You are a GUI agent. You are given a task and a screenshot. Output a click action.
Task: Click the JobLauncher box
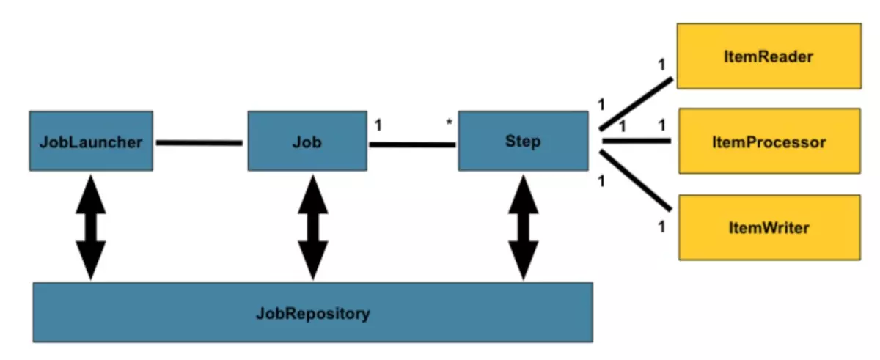[x=91, y=142]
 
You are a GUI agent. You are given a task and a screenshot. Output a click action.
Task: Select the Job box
[x=307, y=142]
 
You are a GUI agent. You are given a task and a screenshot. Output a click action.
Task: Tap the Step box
[x=523, y=141]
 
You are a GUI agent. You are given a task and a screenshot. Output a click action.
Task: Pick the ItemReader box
[x=769, y=56]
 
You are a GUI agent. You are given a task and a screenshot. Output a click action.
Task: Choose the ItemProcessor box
[x=769, y=142]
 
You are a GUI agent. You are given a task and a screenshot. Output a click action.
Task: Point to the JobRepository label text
[x=313, y=315]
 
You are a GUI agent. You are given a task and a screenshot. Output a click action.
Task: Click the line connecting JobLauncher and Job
[x=199, y=142]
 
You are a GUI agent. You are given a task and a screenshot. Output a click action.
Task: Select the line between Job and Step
[x=412, y=144]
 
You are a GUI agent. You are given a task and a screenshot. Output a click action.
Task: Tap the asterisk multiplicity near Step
[x=450, y=124]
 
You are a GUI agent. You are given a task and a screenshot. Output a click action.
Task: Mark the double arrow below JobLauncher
[x=91, y=227]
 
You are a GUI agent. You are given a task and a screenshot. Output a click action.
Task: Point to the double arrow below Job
[x=312, y=227]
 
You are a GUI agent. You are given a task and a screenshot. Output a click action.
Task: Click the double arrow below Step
[x=523, y=227]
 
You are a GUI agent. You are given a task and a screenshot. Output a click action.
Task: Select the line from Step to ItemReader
[x=636, y=103]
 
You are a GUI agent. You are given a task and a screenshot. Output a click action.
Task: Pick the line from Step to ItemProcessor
[x=636, y=140]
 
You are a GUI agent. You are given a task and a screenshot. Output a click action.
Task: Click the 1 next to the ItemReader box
[x=661, y=65]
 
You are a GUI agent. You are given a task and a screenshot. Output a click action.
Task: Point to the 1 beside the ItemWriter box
[x=661, y=227]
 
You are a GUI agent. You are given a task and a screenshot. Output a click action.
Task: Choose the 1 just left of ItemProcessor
[x=661, y=126]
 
